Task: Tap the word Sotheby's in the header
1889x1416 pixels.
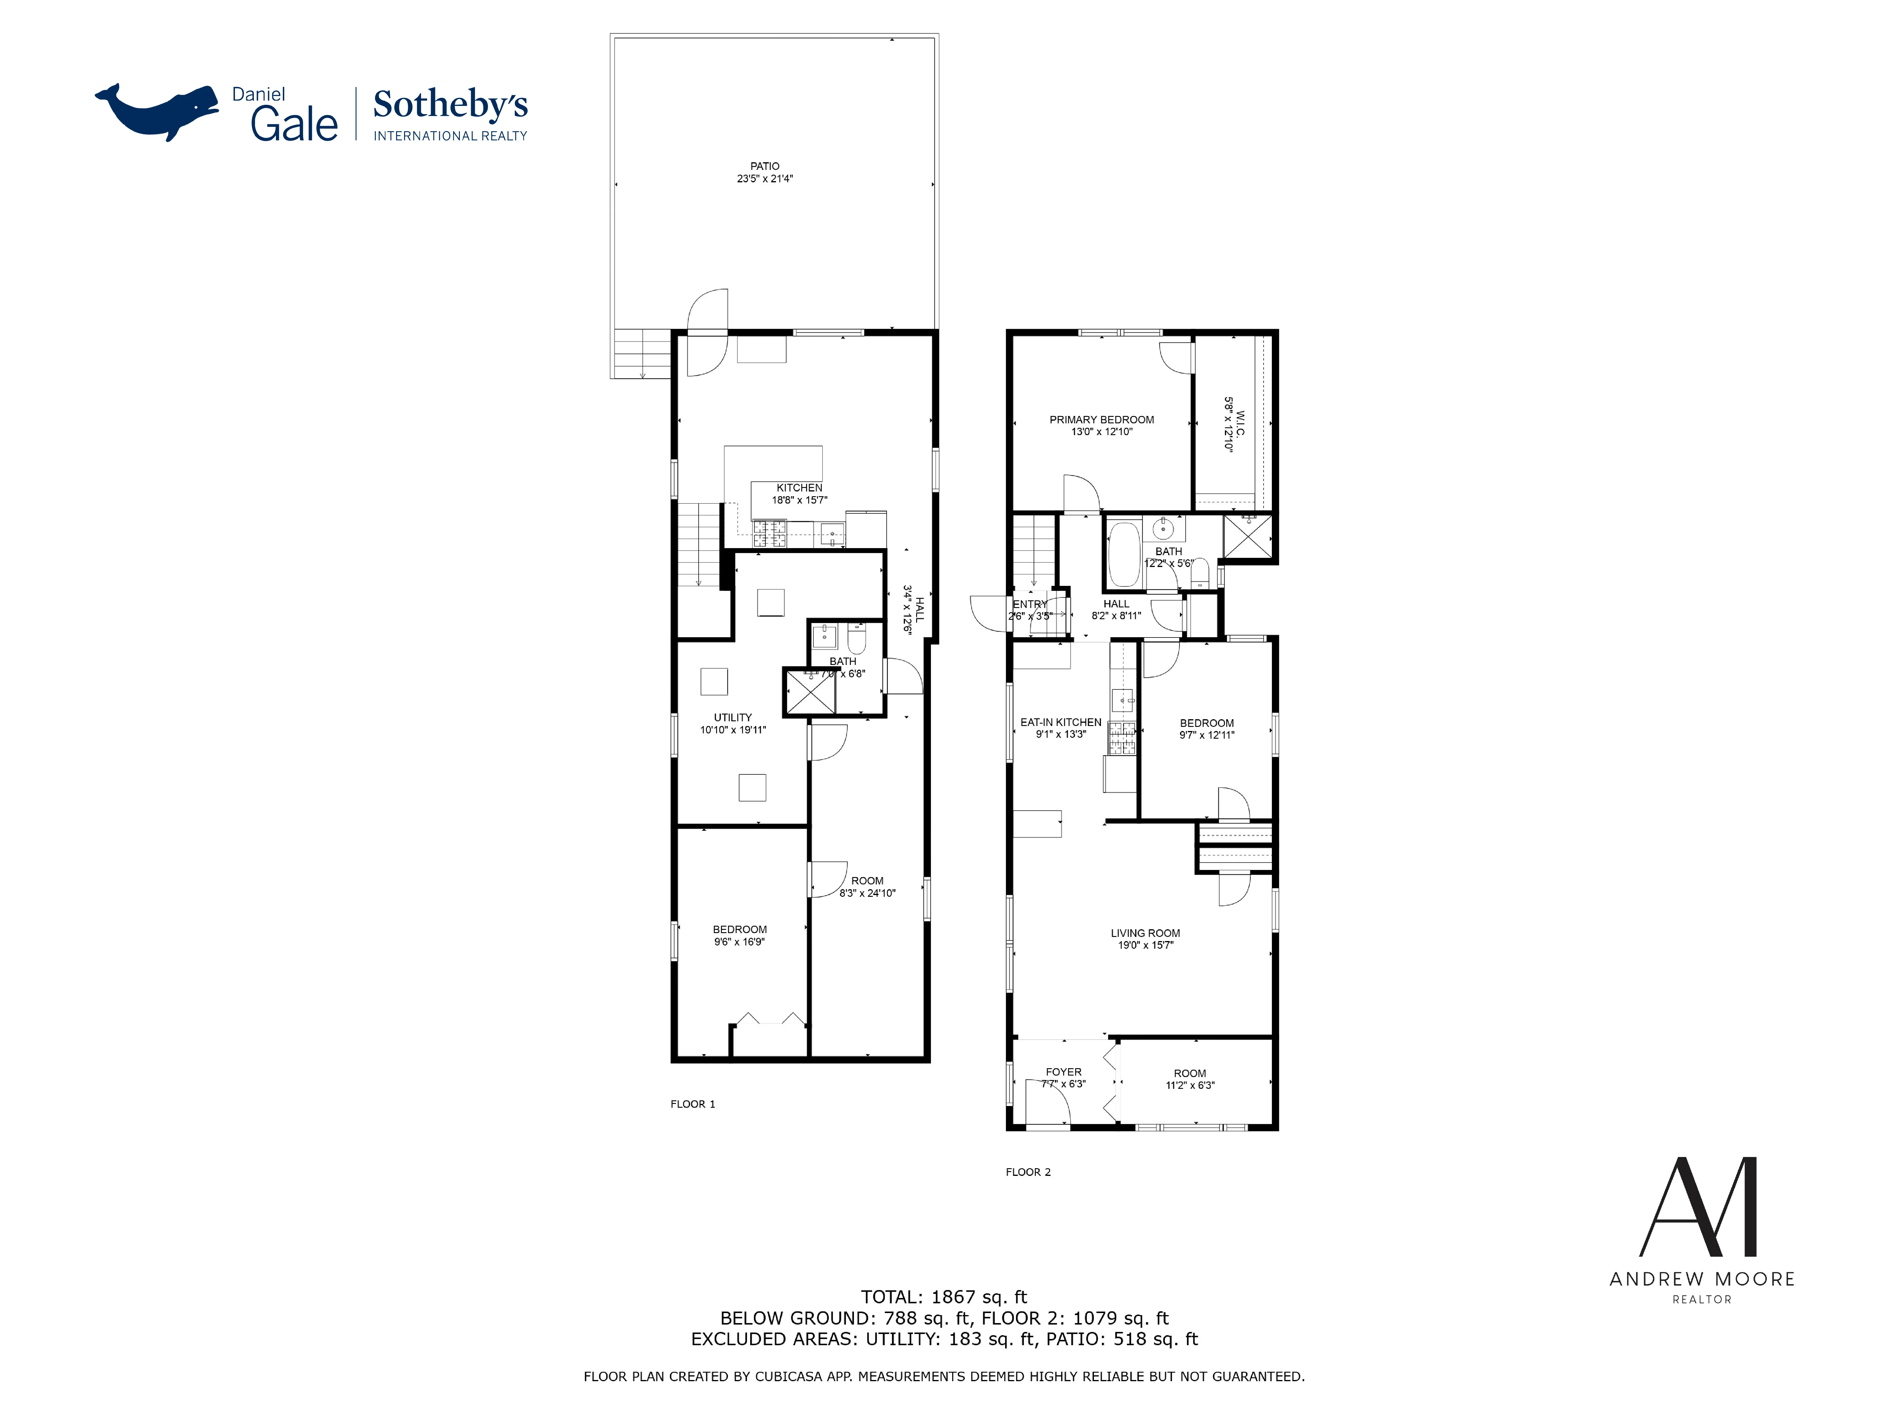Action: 450,105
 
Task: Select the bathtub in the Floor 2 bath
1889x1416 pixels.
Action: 1123,555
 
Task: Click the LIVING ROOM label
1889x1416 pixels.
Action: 1145,933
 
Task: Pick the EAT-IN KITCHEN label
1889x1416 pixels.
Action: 1060,722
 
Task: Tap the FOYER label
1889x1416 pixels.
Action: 1063,1072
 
